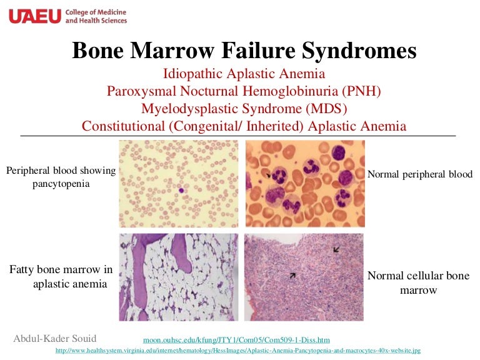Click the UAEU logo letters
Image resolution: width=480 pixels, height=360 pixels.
(x=34, y=16)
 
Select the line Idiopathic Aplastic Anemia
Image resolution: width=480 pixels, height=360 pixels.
(x=244, y=74)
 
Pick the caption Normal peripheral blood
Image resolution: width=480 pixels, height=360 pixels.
(x=420, y=174)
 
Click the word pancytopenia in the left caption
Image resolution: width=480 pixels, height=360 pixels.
(x=61, y=184)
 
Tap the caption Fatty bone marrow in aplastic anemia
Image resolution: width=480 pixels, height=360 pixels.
(x=61, y=276)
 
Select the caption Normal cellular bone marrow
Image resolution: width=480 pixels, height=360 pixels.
(x=418, y=282)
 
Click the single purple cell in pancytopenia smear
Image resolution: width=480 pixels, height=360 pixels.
(x=181, y=190)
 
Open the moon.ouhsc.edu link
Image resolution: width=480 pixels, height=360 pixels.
(x=236, y=340)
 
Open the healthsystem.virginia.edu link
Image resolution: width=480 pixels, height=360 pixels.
(x=238, y=351)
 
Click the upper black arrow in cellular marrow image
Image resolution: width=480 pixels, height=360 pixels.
(x=337, y=249)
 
